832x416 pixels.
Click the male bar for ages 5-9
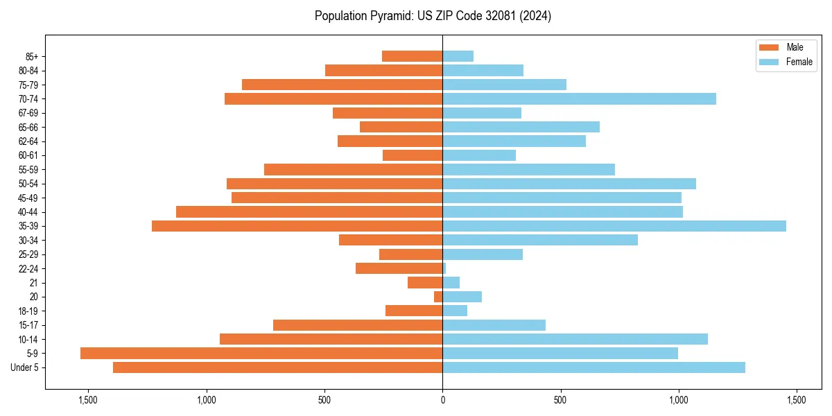click(x=261, y=353)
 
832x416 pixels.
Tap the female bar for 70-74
click(x=579, y=99)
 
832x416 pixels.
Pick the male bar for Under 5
click(x=277, y=367)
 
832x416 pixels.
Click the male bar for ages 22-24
click(x=399, y=268)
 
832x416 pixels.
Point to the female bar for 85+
click(x=458, y=56)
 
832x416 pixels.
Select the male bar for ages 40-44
click(x=309, y=211)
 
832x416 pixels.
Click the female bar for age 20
click(x=462, y=297)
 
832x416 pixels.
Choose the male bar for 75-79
click(x=342, y=85)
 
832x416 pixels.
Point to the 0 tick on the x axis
click(x=442, y=400)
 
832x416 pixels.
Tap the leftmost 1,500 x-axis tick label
click(x=88, y=400)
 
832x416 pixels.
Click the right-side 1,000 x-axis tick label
click(x=678, y=400)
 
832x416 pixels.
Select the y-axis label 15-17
click(x=28, y=325)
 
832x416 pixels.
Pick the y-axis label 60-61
click(x=28, y=155)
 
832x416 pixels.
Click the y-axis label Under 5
click(x=25, y=367)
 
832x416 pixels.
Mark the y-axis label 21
click(x=34, y=283)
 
